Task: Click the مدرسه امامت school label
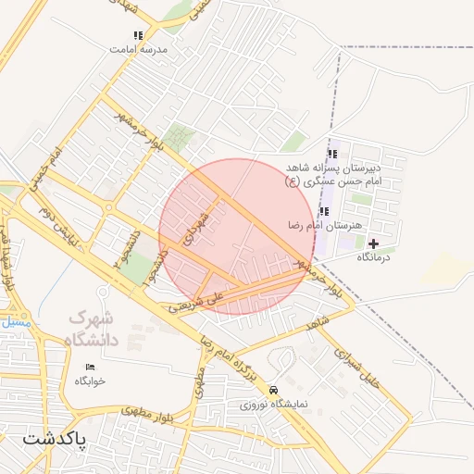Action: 137,48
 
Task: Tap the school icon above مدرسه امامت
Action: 138,36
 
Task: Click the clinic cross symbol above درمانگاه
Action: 373,243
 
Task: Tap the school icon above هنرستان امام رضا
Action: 323,211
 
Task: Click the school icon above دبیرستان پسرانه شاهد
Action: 332,154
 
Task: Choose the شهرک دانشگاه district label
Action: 93,329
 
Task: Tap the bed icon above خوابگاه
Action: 90,368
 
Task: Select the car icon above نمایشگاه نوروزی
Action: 273,391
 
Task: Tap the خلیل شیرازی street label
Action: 357,366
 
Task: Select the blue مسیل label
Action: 16,324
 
